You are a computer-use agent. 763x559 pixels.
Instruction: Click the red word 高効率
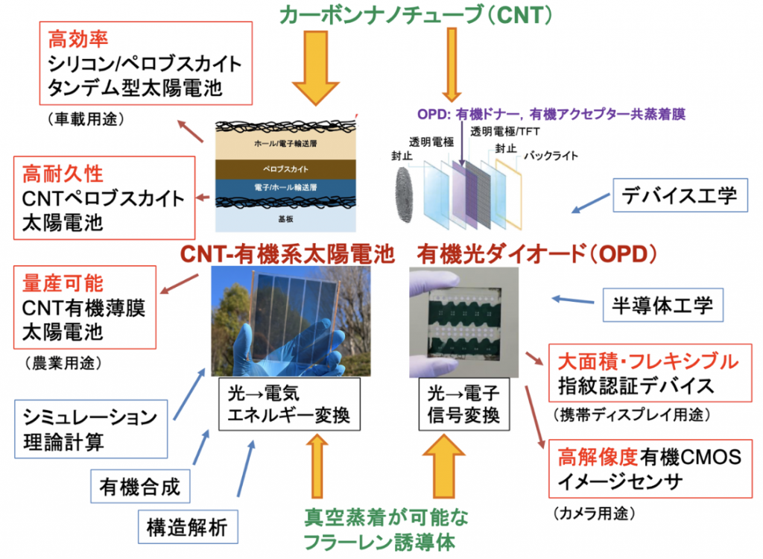pyautogui.click(x=75, y=37)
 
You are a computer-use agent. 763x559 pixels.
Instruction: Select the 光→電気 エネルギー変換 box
pyautogui.click(x=290, y=403)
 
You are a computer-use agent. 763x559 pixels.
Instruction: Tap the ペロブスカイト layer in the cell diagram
pyautogui.click(x=285, y=169)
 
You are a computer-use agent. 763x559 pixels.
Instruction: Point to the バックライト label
pyautogui.click(x=551, y=156)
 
